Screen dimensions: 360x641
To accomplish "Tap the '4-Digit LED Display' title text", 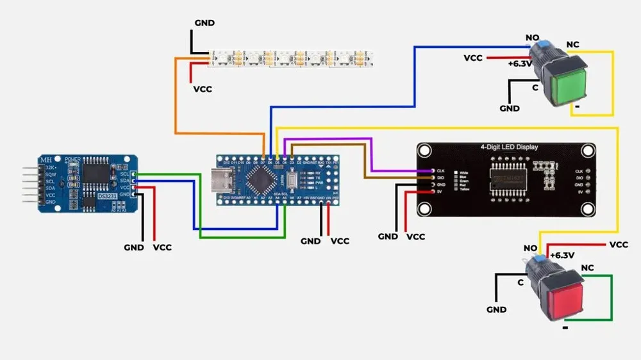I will (x=510, y=147).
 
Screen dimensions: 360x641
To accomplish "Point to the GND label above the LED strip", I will (x=204, y=23).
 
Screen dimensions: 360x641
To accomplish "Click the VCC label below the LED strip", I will (x=203, y=89).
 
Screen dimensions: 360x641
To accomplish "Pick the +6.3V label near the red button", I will (x=562, y=255).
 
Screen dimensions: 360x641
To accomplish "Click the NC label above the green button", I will (x=573, y=45).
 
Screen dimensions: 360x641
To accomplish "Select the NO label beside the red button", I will (x=530, y=248).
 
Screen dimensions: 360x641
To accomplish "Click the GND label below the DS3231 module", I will (x=134, y=247).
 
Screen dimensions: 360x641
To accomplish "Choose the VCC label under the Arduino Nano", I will (x=340, y=241).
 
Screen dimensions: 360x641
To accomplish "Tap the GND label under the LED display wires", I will (x=388, y=236).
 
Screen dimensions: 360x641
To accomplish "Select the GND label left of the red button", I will (x=496, y=309).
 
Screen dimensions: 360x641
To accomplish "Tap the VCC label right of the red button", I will (x=619, y=245).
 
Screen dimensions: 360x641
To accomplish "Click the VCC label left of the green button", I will (x=473, y=58).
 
